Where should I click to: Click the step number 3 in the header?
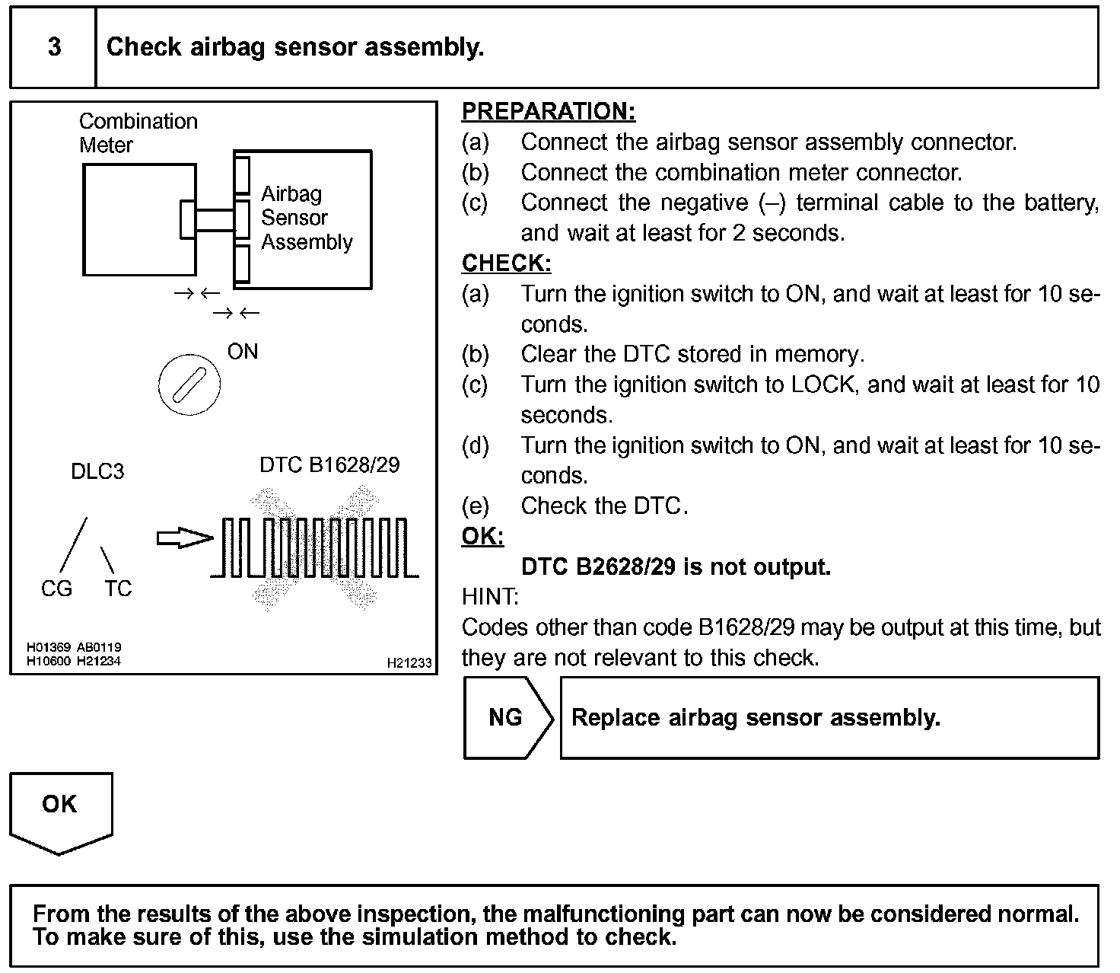(x=54, y=47)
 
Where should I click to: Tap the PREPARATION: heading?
(x=548, y=111)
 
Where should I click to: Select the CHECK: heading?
(x=506, y=263)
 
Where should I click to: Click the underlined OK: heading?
(x=482, y=536)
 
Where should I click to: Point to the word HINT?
(x=490, y=596)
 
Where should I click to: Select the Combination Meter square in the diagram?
(x=138, y=219)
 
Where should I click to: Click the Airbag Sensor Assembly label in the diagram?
(x=307, y=218)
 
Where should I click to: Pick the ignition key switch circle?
(x=189, y=384)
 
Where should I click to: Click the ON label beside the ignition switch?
(x=243, y=352)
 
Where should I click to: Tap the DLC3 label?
(x=97, y=471)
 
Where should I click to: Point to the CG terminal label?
(x=56, y=589)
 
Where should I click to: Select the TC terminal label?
(x=118, y=589)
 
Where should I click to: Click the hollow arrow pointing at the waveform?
(x=184, y=539)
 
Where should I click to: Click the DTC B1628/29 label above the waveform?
(x=329, y=465)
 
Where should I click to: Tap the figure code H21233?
(x=409, y=663)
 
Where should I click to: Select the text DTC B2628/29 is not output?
(x=676, y=566)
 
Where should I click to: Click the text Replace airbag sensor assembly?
(x=756, y=718)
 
